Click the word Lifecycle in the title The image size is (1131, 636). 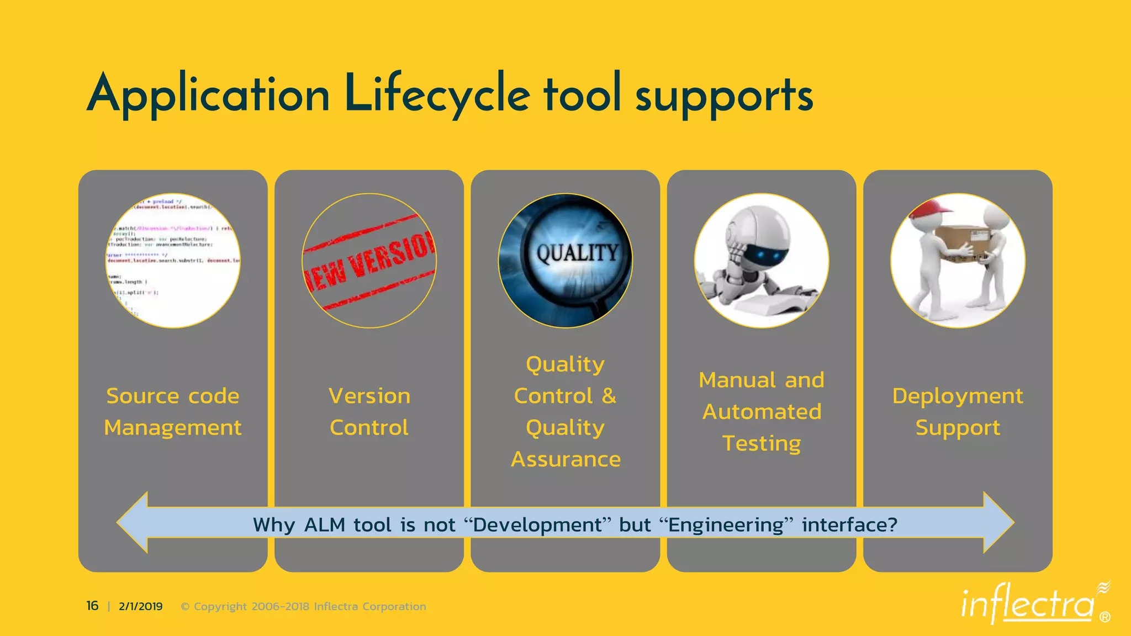tap(436, 95)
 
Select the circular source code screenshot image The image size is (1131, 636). tap(173, 261)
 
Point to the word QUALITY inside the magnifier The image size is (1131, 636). tap(577, 253)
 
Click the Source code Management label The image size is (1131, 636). tap(173, 411)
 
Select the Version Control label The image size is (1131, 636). tap(369, 411)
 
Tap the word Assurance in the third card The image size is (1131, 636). tap(565, 459)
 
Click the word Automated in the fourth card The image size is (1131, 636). tap(762, 412)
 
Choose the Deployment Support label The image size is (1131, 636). tap(958, 411)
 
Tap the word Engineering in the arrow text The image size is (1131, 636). tap(726, 524)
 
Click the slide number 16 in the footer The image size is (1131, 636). tap(92, 606)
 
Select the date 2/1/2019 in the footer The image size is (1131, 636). tap(141, 606)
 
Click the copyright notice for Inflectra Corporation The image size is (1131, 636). tap(304, 606)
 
